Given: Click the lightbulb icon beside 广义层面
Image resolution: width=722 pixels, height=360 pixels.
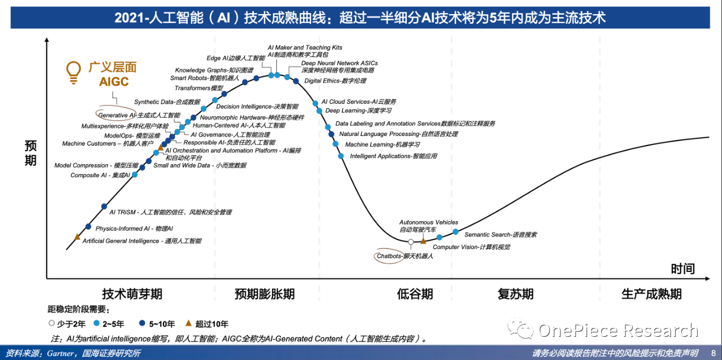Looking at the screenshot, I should point(73,72).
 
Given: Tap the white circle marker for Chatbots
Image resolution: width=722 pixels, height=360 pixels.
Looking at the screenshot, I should point(411,242).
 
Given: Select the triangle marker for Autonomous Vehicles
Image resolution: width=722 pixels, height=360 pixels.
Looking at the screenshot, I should point(423,241).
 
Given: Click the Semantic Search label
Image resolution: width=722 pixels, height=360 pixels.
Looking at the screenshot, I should point(500,234).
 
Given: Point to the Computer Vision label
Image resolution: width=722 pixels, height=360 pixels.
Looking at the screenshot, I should point(471,247).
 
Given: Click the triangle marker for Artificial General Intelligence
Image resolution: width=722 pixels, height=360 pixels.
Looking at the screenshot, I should point(77,236).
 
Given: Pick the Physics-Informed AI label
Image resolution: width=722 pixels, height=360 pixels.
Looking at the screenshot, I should point(134,229).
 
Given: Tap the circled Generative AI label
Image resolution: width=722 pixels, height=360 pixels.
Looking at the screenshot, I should point(139,115).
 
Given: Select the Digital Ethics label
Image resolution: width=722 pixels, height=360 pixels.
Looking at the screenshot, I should point(335,81).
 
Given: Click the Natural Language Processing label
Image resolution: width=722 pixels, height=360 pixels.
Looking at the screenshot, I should point(398,134).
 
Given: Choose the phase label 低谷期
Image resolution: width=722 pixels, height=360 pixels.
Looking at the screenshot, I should point(415,294).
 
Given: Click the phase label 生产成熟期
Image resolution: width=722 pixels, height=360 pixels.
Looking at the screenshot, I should point(651,294).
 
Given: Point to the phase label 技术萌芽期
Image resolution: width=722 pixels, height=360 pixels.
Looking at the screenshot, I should point(132,294).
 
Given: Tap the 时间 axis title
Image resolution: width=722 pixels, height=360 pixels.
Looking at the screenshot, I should point(683,269).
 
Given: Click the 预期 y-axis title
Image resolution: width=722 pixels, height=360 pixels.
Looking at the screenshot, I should point(30,153).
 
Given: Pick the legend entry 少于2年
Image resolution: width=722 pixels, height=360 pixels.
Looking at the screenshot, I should point(73,324).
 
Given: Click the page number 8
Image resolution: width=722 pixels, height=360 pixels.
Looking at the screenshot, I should point(712,353).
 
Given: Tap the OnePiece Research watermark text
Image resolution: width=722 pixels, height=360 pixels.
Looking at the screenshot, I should point(618,331).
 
